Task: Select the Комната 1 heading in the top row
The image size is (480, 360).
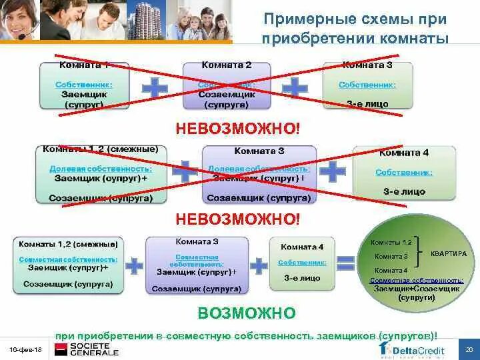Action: click(84, 65)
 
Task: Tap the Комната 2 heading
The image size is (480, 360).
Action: click(227, 65)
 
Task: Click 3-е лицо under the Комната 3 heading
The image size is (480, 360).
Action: click(367, 105)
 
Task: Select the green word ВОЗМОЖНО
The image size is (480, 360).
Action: click(246, 313)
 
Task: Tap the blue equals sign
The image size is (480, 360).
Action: click(345, 263)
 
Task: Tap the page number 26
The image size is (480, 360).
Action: click(469, 349)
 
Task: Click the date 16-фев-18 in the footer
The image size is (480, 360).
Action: click(25, 350)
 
